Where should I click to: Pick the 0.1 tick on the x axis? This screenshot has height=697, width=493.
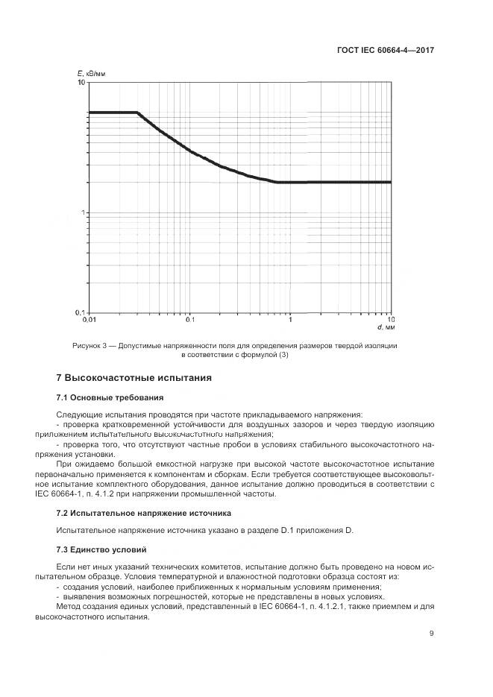189,320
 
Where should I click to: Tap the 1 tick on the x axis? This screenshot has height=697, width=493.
290,320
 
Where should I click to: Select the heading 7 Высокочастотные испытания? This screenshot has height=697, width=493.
134,377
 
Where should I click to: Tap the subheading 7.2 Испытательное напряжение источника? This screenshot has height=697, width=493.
144,513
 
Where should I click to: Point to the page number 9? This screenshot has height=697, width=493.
431,634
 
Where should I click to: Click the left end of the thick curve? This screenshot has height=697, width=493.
90,113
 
